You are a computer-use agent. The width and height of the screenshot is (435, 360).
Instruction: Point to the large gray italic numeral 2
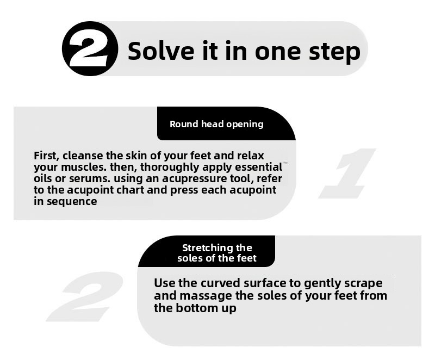[x=85, y=296]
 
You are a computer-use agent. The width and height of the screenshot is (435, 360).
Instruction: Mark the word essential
[x=259, y=167]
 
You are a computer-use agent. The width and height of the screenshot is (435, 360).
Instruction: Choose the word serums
[x=88, y=178]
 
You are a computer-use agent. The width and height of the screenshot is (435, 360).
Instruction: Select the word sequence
[x=72, y=202]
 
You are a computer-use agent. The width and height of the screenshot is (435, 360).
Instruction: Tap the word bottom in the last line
[x=197, y=308]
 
